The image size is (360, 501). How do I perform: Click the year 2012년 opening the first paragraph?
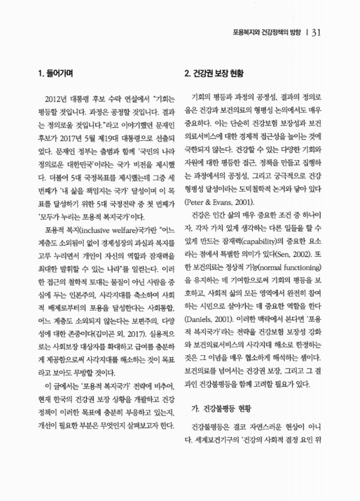(x=49, y=100)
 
